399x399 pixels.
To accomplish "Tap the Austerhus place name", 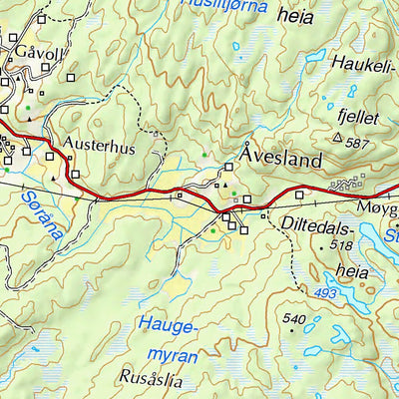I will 98,144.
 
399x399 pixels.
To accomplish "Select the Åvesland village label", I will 281,157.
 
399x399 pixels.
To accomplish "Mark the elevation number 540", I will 293,319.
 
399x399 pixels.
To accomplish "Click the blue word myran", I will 168,353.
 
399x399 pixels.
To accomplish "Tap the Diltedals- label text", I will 319,224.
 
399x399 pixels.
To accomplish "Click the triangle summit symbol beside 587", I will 338,139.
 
